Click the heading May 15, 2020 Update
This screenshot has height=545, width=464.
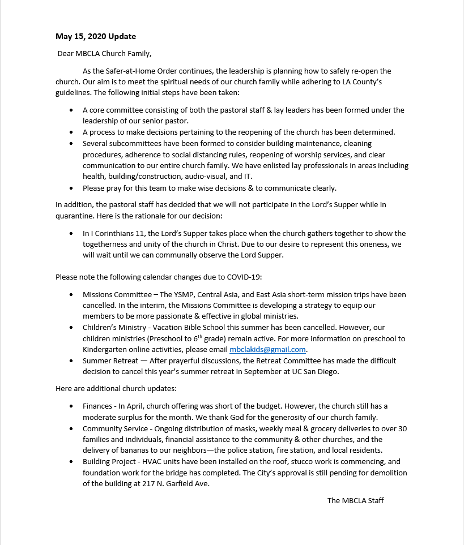click(96, 37)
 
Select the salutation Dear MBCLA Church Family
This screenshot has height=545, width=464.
click(105, 54)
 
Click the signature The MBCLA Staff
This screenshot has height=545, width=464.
click(355, 500)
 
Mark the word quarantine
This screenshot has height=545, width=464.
click(75, 216)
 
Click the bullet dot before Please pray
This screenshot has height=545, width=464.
click(71, 188)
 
